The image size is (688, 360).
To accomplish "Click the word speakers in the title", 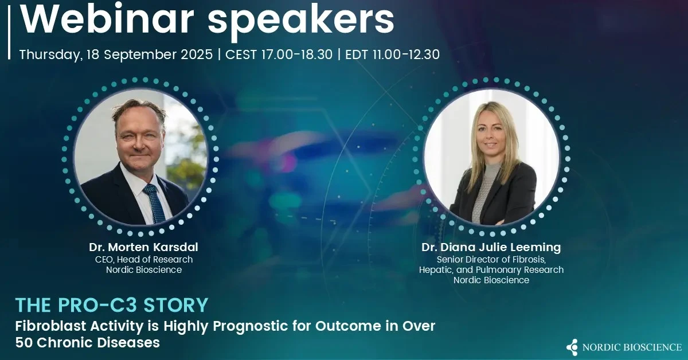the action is [x=301, y=22].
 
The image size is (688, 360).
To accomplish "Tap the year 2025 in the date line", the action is [x=197, y=54].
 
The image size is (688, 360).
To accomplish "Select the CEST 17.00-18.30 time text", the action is [x=279, y=54].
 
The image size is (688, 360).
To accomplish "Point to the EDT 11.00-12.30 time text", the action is [x=393, y=54].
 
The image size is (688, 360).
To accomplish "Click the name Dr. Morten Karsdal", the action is [x=144, y=247].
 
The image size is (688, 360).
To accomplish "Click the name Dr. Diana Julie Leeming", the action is [x=491, y=247].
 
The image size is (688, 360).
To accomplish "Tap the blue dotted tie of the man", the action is [x=154, y=204].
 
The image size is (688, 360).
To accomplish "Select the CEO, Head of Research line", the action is [x=144, y=260].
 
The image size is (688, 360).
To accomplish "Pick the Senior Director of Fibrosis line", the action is [x=491, y=260].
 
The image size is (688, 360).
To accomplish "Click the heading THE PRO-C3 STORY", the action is [x=112, y=305].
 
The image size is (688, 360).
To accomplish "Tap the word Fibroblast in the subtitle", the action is [x=50, y=326].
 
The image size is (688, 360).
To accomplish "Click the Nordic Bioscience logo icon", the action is [x=572, y=347].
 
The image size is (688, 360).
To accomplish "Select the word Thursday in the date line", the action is [x=51, y=55].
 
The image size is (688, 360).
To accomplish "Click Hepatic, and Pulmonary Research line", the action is [x=491, y=270].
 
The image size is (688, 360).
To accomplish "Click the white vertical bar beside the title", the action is [x=9, y=32].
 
